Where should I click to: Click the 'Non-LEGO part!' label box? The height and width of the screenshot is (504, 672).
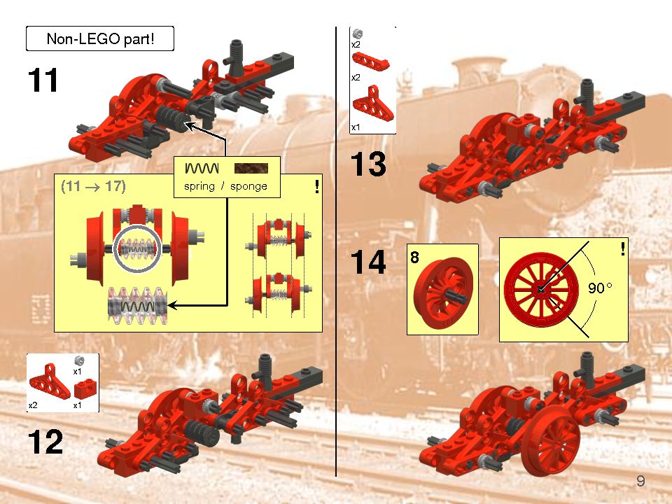tap(99, 38)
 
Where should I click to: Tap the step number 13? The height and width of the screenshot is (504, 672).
tap(368, 164)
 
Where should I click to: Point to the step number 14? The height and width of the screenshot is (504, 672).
tap(368, 263)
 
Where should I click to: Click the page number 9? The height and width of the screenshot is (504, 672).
tap(640, 481)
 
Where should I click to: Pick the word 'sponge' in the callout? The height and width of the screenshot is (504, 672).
tap(248, 186)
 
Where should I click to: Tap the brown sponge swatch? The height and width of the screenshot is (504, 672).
tap(251, 169)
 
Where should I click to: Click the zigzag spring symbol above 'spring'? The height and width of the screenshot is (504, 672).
tap(202, 169)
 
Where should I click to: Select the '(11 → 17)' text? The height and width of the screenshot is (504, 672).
tap(92, 187)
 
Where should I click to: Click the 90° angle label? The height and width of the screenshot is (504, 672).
tap(599, 288)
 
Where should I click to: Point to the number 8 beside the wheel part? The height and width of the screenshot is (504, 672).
tap(414, 258)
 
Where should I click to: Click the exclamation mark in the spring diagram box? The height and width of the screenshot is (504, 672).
tap(317, 187)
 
